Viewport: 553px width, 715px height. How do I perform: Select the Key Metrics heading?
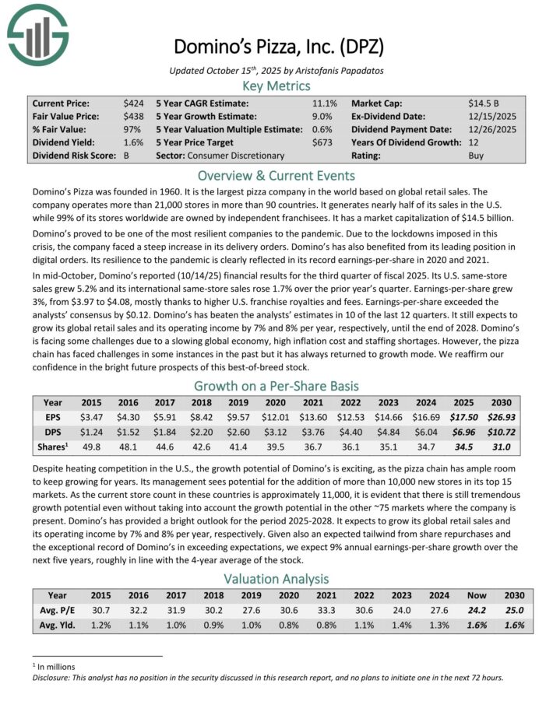pos(276,86)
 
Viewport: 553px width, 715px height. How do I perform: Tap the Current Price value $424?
pos(132,103)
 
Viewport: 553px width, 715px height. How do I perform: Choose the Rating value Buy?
pos(477,156)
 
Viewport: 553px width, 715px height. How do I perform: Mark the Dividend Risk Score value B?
pos(126,156)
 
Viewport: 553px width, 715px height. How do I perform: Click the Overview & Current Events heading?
pos(276,175)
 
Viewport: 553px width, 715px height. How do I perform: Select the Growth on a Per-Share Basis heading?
pos(276,385)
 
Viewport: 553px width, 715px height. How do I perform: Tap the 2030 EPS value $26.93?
pos(507,417)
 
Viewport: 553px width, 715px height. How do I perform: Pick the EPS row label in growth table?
pos(53,417)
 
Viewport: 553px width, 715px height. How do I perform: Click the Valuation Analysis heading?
pos(276,579)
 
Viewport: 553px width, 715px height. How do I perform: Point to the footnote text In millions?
pos(55,666)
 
